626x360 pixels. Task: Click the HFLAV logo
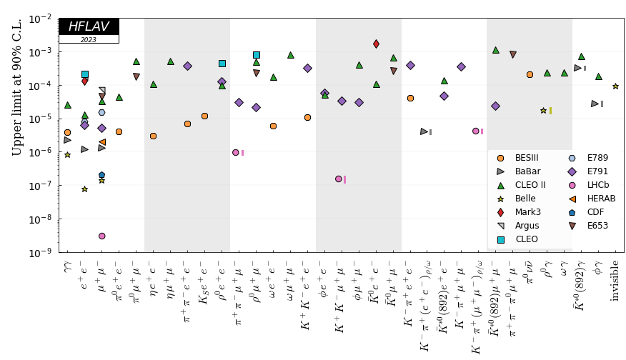(89, 26)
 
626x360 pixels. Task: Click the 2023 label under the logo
(89, 40)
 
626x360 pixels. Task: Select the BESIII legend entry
(526, 158)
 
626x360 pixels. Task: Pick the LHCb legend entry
(597, 185)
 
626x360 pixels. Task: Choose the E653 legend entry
(597, 226)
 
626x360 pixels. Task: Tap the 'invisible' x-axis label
(615, 280)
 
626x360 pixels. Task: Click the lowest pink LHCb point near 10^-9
(102, 236)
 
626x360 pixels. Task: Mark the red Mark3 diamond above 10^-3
(376, 44)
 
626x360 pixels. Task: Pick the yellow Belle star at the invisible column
(615, 86)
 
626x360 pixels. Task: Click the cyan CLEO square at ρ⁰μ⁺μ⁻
(256, 55)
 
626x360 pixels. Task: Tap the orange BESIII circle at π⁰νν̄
(530, 74)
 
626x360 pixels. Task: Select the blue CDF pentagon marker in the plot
(101, 175)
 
